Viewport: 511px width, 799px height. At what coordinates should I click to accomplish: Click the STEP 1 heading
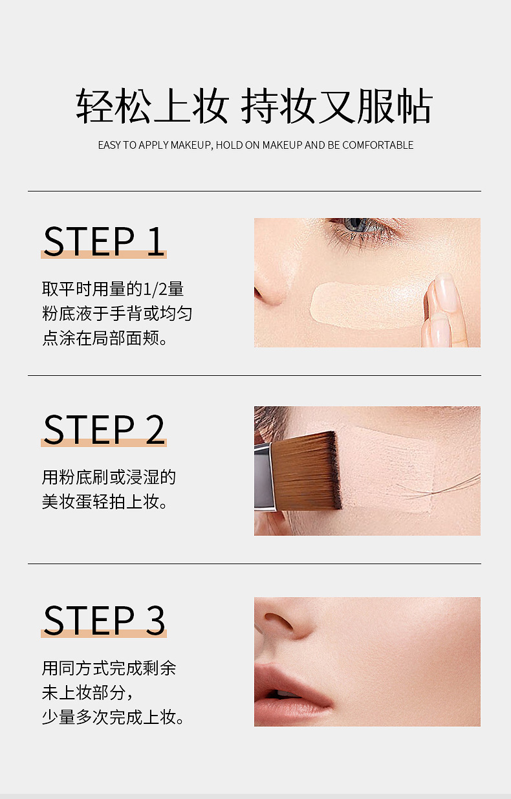point(104,241)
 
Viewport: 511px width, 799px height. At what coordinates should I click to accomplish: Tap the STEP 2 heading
point(104,430)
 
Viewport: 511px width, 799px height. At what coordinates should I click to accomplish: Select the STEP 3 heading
point(104,620)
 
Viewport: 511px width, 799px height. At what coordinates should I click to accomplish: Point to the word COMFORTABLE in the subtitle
point(378,145)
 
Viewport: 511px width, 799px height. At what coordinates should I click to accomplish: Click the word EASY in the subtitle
point(109,145)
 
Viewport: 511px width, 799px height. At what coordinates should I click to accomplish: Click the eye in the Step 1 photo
point(360,226)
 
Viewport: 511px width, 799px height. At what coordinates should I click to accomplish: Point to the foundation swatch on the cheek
point(367,305)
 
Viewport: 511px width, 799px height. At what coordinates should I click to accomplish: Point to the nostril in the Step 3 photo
point(278,620)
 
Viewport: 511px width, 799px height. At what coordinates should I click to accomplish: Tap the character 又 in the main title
point(336,106)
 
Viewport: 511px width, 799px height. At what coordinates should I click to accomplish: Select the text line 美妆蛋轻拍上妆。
point(105,502)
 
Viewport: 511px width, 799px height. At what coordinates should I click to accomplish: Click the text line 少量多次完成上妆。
point(113,717)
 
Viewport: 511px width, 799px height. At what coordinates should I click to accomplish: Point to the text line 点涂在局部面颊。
point(105,338)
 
